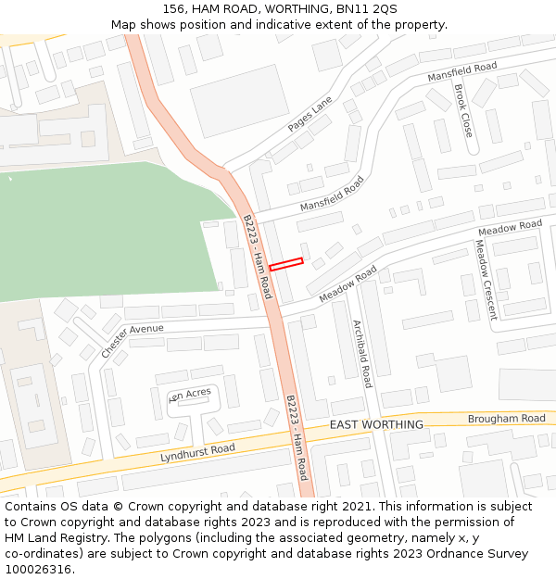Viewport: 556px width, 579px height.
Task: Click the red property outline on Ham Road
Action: (286, 264)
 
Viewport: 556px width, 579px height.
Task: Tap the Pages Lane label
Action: (310, 113)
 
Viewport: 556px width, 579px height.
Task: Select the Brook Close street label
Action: (462, 110)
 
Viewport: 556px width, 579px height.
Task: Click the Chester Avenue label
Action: (132, 341)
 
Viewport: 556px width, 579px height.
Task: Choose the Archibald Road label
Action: (361, 353)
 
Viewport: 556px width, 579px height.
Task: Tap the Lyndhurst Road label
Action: (197, 452)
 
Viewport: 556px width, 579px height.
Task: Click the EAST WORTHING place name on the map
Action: (376, 424)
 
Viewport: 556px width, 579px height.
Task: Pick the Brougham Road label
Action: (506, 419)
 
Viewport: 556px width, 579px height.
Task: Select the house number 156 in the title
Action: (174, 9)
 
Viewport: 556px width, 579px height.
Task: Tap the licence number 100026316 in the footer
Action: (38, 569)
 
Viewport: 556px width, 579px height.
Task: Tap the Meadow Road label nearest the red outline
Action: (347, 284)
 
